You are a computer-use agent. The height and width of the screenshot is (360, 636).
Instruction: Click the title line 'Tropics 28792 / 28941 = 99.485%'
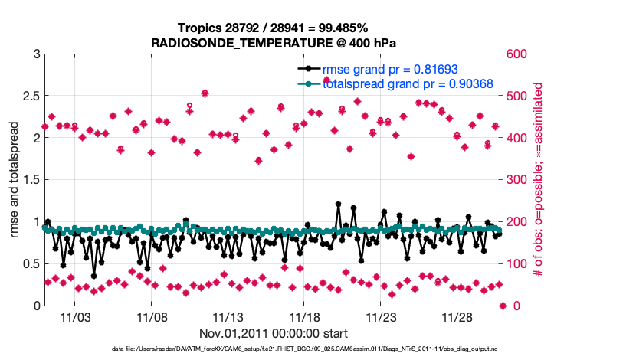click(274, 28)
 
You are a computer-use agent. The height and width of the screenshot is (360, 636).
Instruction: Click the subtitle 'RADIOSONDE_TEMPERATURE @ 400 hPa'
click(274, 42)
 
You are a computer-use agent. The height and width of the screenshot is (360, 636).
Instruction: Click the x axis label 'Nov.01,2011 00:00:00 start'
click(274, 333)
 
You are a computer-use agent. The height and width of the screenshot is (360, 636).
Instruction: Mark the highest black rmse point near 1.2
click(338, 205)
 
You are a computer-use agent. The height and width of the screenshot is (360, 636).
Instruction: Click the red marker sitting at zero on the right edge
click(503, 306)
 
